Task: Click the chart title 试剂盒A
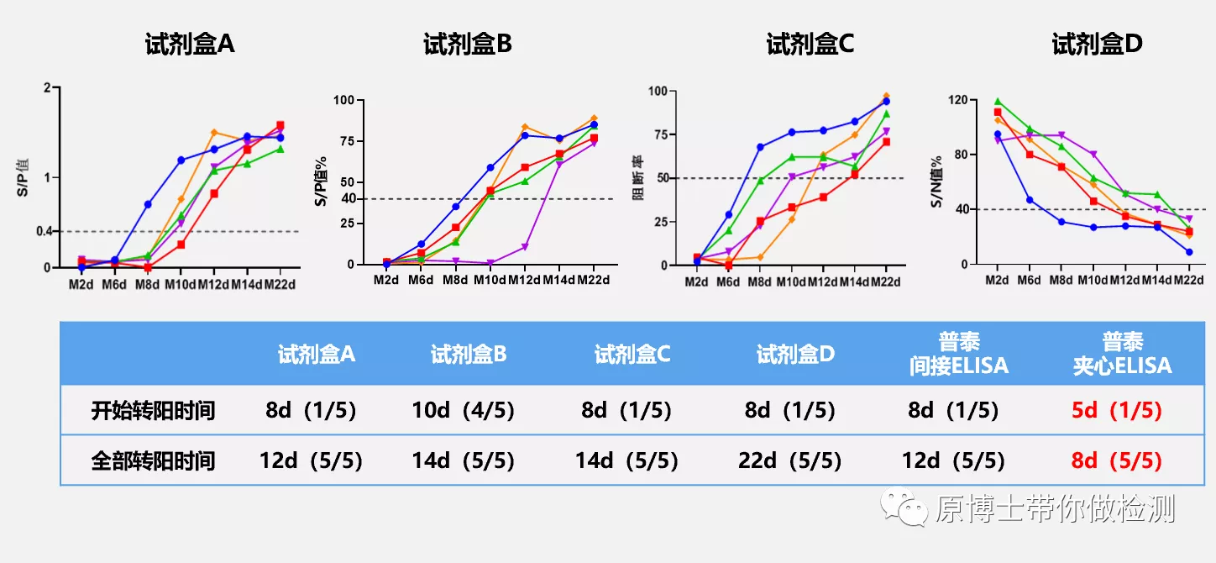click(189, 45)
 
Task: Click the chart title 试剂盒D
click(1097, 45)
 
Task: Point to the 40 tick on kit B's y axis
click(348, 199)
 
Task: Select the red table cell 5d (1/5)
click(1117, 411)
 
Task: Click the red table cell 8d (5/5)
click(1117, 460)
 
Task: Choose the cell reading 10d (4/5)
click(464, 411)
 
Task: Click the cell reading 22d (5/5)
click(790, 460)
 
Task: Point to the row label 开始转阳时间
click(154, 411)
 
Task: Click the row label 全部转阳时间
click(154, 460)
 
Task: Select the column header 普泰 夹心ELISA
click(1122, 354)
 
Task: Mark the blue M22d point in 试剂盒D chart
click(1188, 252)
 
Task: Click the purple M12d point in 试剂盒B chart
click(524, 247)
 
